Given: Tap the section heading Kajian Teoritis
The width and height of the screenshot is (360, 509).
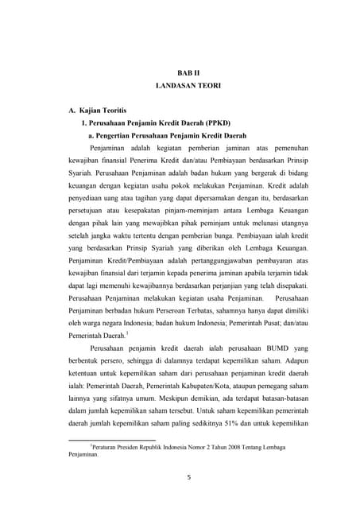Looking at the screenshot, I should coord(99,107).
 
